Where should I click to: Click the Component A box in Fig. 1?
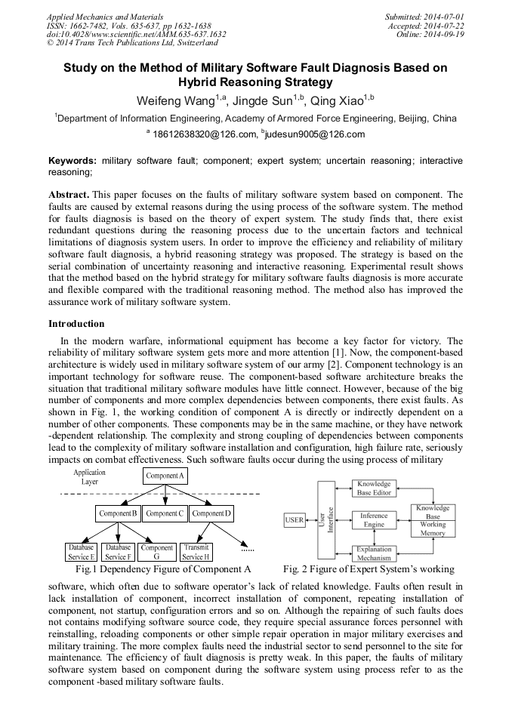164,476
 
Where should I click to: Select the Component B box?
117,513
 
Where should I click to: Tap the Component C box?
164,513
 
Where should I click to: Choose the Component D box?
211,513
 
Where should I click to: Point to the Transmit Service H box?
196,552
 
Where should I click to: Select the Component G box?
156,552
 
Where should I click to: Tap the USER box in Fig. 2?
295,520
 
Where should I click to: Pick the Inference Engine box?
373,520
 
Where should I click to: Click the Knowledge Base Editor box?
373,488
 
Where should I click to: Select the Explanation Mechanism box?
373,553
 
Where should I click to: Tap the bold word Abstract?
69,194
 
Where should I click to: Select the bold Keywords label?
72,161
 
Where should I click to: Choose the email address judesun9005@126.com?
304,134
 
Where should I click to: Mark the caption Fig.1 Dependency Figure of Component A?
158,568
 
